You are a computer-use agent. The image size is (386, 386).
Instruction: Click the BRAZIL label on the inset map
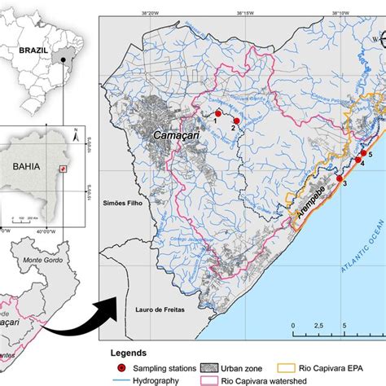click(x=24, y=48)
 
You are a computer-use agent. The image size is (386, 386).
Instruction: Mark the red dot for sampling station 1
click(x=217, y=114)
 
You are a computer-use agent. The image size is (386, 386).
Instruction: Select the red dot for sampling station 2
click(x=236, y=121)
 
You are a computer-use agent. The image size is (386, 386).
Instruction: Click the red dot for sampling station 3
click(x=340, y=178)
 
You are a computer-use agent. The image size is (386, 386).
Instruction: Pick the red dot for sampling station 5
click(x=362, y=154)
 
